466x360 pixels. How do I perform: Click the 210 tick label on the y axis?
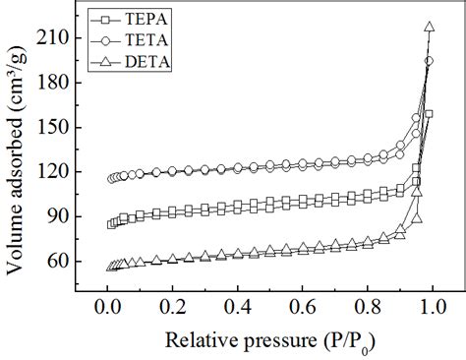tap(55, 38)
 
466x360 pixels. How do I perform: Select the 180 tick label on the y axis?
tap(55, 83)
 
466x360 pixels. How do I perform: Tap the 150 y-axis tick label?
tap(55, 128)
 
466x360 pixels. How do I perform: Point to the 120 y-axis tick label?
tap(55, 172)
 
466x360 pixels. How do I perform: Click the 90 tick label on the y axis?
tap(59, 217)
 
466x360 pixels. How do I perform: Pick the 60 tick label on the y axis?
tap(59, 262)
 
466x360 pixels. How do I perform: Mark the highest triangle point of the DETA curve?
tap(430, 28)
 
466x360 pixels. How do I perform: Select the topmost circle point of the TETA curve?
tap(429, 61)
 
